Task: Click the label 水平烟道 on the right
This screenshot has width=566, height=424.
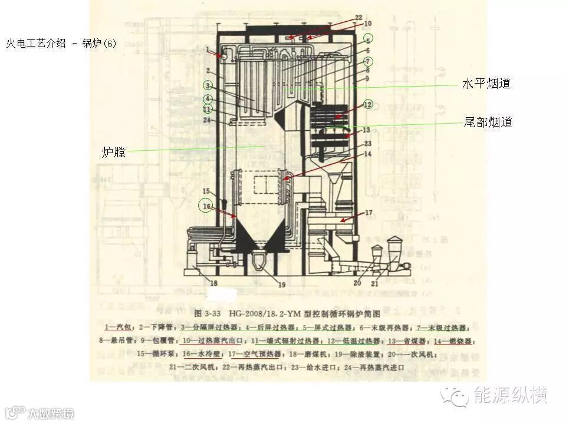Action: [486, 84]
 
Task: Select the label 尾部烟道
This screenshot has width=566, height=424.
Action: [488, 122]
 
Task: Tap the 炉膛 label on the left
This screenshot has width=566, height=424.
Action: [114, 153]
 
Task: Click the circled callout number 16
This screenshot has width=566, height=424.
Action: [206, 206]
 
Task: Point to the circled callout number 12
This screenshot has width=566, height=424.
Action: [367, 104]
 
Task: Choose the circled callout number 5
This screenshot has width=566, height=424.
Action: [367, 39]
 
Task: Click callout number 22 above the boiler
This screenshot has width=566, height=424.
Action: [359, 17]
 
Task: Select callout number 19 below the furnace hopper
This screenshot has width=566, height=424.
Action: [282, 285]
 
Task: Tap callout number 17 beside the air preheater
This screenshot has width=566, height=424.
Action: [368, 213]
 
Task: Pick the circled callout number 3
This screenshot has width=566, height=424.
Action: [208, 85]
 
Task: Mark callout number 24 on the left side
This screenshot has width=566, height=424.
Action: [207, 120]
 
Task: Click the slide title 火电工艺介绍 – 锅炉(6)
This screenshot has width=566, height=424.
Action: [61, 44]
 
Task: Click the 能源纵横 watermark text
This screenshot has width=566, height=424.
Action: [511, 395]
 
